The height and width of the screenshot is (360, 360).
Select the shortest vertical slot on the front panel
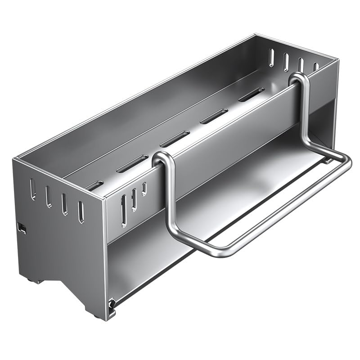click(144, 188)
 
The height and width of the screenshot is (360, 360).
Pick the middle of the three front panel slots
click(134, 199)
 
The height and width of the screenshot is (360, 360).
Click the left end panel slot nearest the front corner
click(81, 212)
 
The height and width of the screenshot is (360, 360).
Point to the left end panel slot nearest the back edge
click(33, 189)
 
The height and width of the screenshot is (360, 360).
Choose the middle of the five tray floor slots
click(175, 139)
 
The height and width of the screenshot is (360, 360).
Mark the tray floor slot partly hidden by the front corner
click(94, 185)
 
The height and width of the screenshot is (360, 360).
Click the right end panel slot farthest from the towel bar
click(271, 58)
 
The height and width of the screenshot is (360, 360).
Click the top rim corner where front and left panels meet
click(104, 198)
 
